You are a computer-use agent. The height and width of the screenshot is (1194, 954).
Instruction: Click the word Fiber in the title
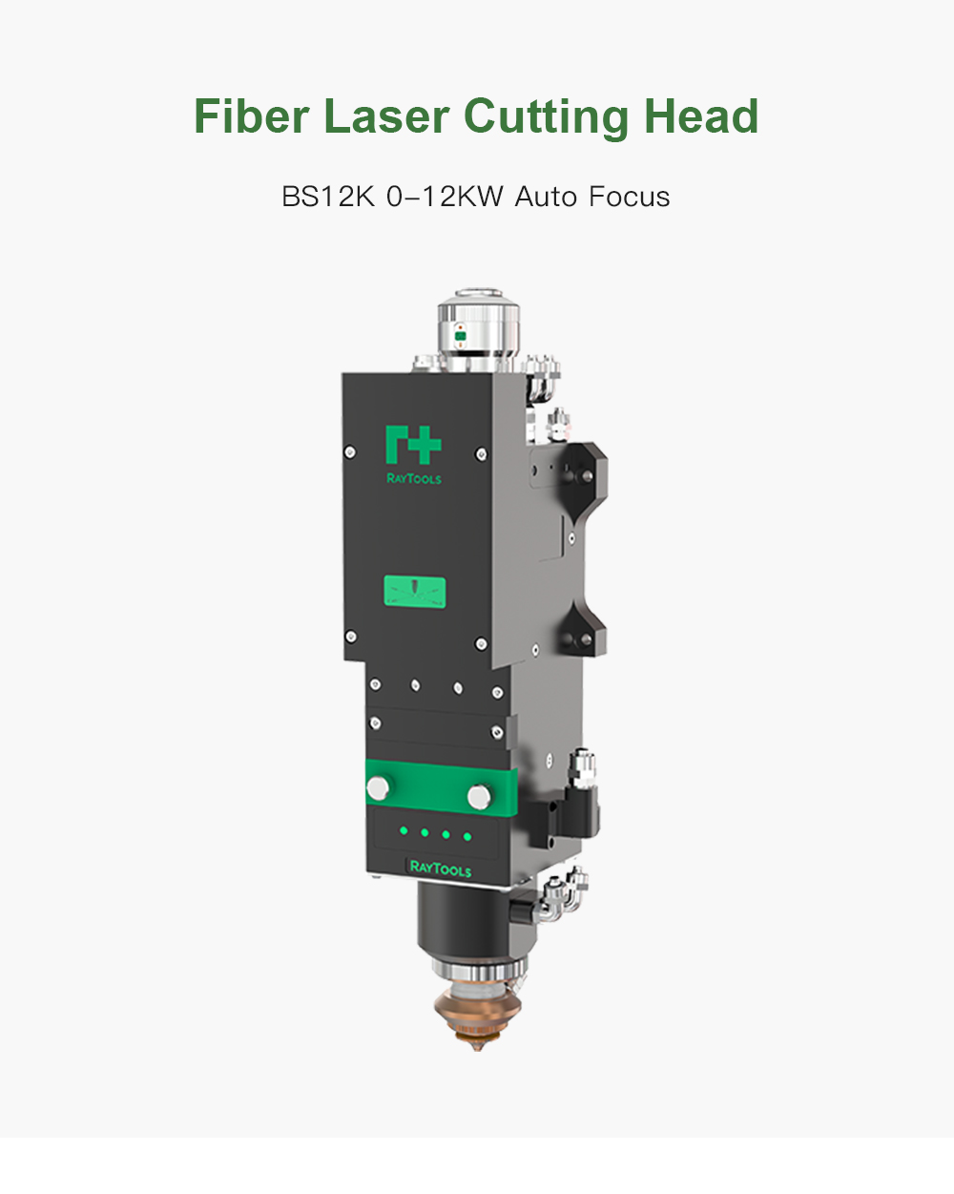(251, 115)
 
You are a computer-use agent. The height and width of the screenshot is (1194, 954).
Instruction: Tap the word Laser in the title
(386, 115)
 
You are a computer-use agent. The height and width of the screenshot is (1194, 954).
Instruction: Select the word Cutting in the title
(546, 117)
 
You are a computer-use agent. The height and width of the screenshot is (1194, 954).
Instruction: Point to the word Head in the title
(701, 115)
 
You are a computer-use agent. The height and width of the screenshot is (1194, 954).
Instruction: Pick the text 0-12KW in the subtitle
(445, 197)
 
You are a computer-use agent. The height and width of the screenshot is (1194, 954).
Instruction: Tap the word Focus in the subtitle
(629, 197)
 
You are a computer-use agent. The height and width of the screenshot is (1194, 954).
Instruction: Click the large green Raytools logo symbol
(413, 445)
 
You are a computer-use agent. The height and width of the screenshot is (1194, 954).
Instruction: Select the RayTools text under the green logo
(414, 478)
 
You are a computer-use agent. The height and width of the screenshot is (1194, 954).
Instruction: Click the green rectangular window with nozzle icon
(415, 592)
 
